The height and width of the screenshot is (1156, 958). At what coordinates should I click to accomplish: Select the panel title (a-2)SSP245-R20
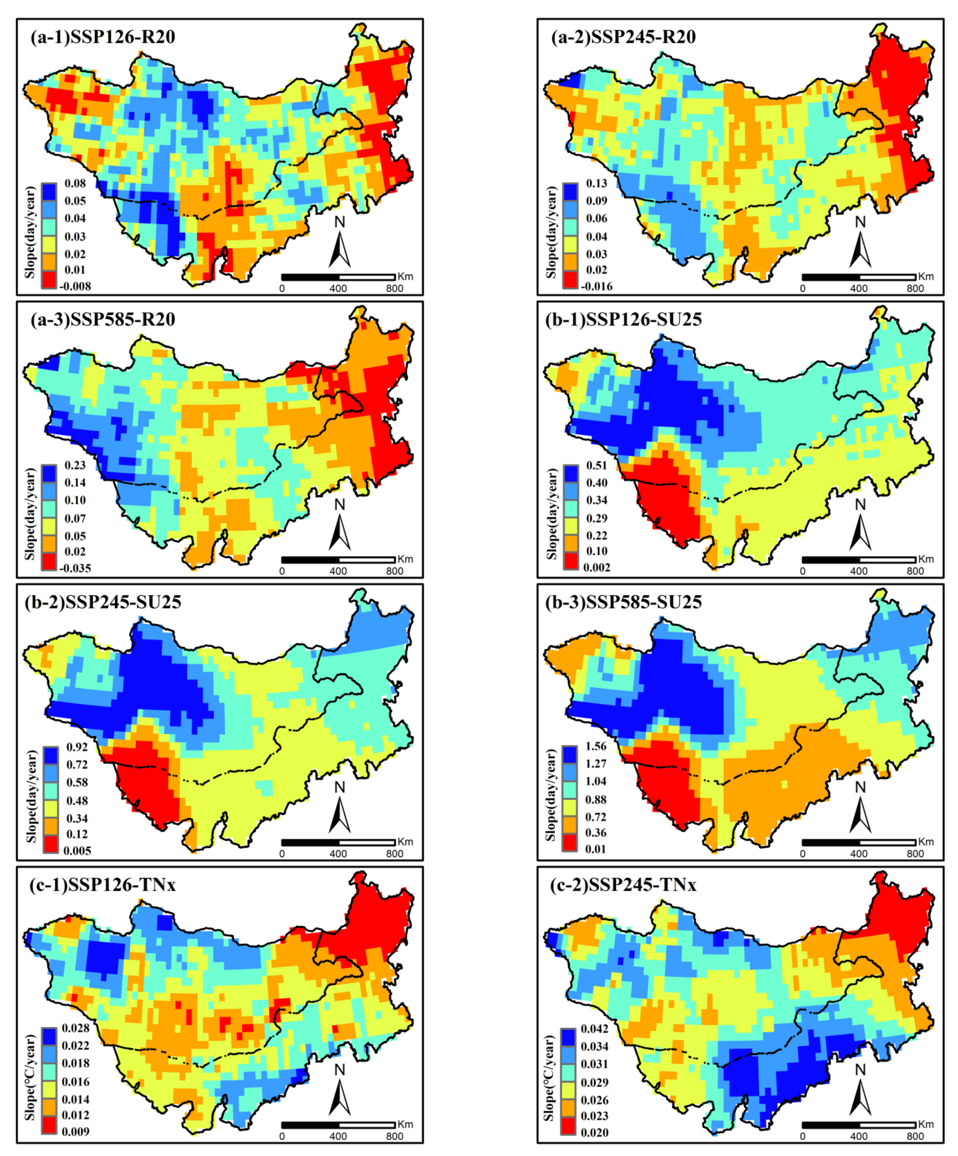(x=623, y=37)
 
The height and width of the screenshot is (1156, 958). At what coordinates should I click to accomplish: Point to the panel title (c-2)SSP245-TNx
(x=623, y=885)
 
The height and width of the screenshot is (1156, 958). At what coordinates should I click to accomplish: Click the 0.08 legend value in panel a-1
(x=75, y=183)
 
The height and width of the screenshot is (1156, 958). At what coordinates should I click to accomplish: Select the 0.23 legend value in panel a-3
(x=75, y=465)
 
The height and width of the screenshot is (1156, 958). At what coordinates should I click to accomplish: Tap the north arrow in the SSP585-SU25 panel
(x=860, y=809)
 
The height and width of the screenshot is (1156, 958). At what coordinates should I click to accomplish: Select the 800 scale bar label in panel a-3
(x=394, y=571)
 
